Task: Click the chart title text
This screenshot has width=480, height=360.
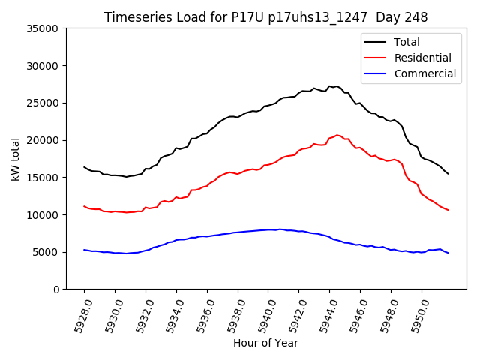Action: click(265, 17)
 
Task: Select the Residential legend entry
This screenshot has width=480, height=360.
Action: click(422, 58)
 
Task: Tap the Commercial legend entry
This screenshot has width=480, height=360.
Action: click(424, 73)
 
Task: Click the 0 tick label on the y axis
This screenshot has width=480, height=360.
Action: click(56, 289)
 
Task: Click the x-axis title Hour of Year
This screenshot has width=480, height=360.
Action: click(265, 343)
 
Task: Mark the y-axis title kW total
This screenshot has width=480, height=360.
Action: click(15, 159)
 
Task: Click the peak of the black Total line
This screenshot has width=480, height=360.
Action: click(337, 86)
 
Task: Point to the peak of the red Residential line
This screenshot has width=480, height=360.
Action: click(337, 135)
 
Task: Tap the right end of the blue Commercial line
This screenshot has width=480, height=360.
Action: click(448, 253)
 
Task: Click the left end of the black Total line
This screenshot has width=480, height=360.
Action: click(84, 167)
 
